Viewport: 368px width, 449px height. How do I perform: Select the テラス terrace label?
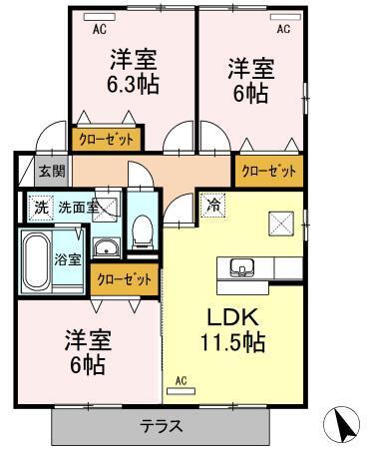[161, 426]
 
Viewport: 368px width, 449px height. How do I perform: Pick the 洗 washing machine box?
[40, 209]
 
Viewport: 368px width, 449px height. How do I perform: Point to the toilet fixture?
[143, 232]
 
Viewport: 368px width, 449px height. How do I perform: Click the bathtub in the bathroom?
[36, 261]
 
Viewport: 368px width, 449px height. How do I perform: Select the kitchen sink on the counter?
[242, 266]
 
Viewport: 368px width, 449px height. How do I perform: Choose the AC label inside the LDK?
[182, 380]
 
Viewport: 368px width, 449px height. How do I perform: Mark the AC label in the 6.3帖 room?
[100, 30]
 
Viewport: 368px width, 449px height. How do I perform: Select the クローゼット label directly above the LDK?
[269, 171]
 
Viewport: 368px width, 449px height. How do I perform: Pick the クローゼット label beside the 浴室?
[125, 280]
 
